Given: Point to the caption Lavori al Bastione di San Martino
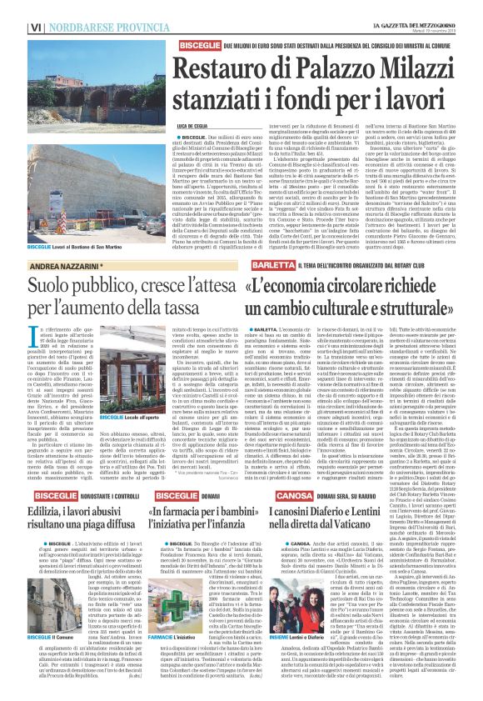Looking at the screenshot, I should tap(51, 248).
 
